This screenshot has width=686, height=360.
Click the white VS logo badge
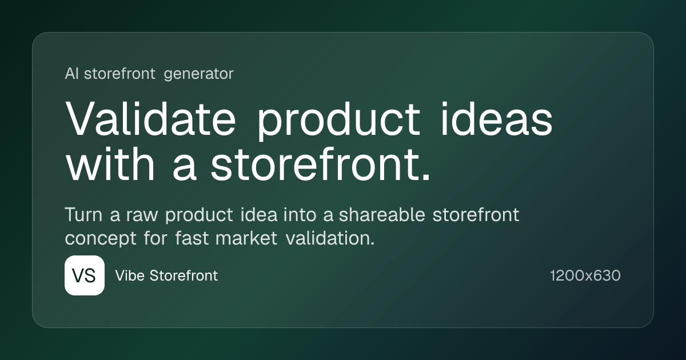[85, 275]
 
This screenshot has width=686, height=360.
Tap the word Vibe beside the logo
[130, 275]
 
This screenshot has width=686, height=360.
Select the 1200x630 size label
[585, 275]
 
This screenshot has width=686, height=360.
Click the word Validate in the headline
[150, 118]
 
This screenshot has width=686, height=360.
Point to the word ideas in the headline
[496, 118]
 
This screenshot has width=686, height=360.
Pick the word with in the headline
[110, 164]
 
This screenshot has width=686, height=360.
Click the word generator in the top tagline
[199, 74]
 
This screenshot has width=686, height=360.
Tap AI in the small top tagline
[71, 74]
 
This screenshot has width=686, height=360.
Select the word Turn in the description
[83, 215]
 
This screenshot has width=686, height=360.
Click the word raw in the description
[142, 215]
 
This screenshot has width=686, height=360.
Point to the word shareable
[382, 215]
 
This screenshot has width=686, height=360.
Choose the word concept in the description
[101, 239]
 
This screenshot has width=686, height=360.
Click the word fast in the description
[192, 238]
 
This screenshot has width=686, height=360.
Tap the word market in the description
[246, 238]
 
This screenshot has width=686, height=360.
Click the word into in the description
[300, 215]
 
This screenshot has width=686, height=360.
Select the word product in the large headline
[338, 121]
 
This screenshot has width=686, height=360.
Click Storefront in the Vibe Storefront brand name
[184, 275]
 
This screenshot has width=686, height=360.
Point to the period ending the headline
[426, 177]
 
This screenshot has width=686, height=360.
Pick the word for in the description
[155, 238]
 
